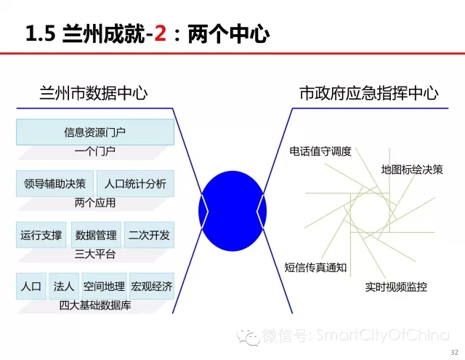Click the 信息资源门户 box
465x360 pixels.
95,132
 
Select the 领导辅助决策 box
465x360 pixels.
55,184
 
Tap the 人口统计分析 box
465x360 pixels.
135,184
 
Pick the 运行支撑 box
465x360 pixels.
41,235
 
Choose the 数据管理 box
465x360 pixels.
96,235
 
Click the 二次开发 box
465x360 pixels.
149,235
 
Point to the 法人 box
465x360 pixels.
64,286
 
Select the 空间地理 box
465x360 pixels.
104,286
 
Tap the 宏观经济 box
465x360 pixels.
152,286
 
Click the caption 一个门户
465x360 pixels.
95,151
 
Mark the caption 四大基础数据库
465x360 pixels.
95,305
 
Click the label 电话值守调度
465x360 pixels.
320,151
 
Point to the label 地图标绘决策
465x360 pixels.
412,169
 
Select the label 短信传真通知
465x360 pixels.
315,268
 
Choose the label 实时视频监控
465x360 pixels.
396,287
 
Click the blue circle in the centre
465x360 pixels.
232,211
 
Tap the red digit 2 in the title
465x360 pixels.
160,33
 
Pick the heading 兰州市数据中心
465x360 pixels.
94,93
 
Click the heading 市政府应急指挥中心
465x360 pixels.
369,93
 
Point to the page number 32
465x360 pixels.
455,352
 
